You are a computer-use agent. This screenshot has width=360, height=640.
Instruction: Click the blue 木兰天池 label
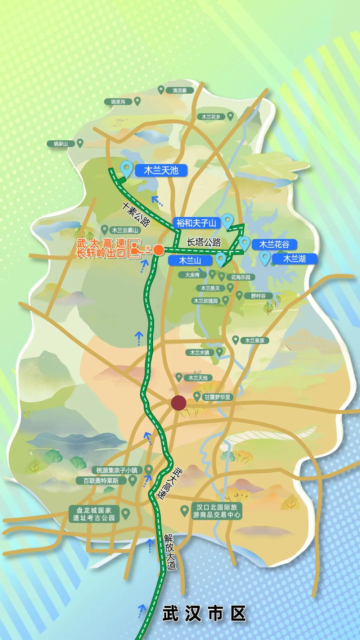click(x=161, y=170)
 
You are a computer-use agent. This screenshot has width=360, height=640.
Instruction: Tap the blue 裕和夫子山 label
click(x=196, y=223)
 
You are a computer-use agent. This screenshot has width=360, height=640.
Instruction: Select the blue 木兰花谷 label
click(x=274, y=244)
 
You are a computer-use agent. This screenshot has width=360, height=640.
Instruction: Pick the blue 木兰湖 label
click(x=294, y=259)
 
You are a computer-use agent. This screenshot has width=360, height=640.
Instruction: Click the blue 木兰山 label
click(x=190, y=260)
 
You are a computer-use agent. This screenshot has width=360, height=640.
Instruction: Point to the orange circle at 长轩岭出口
click(x=158, y=249)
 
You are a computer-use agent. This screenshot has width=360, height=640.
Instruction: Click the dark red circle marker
click(x=178, y=403)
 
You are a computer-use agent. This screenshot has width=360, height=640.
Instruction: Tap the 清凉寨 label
click(x=180, y=90)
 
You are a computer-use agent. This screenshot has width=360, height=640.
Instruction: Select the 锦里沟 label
click(x=118, y=102)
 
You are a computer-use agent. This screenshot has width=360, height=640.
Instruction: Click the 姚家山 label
click(x=61, y=144)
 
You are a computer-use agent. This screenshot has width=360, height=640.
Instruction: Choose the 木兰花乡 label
click(x=211, y=117)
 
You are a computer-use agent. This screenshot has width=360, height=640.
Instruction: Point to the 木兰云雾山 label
click(x=125, y=230)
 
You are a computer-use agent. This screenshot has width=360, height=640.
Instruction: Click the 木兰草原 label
click(x=255, y=340)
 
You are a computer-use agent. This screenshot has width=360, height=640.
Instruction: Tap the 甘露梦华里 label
click(x=217, y=397)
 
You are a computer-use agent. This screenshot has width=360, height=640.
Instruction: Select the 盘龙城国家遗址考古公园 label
click(x=94, y=514)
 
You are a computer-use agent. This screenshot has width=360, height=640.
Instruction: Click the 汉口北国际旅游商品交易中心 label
click(x=216, y=511)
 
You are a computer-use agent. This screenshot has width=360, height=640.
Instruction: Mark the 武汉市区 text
click(x=204, y=613)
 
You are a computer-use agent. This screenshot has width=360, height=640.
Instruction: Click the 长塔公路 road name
click(x=204, y=242)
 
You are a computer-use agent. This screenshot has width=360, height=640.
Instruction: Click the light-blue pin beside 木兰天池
click(x=126, y=168)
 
